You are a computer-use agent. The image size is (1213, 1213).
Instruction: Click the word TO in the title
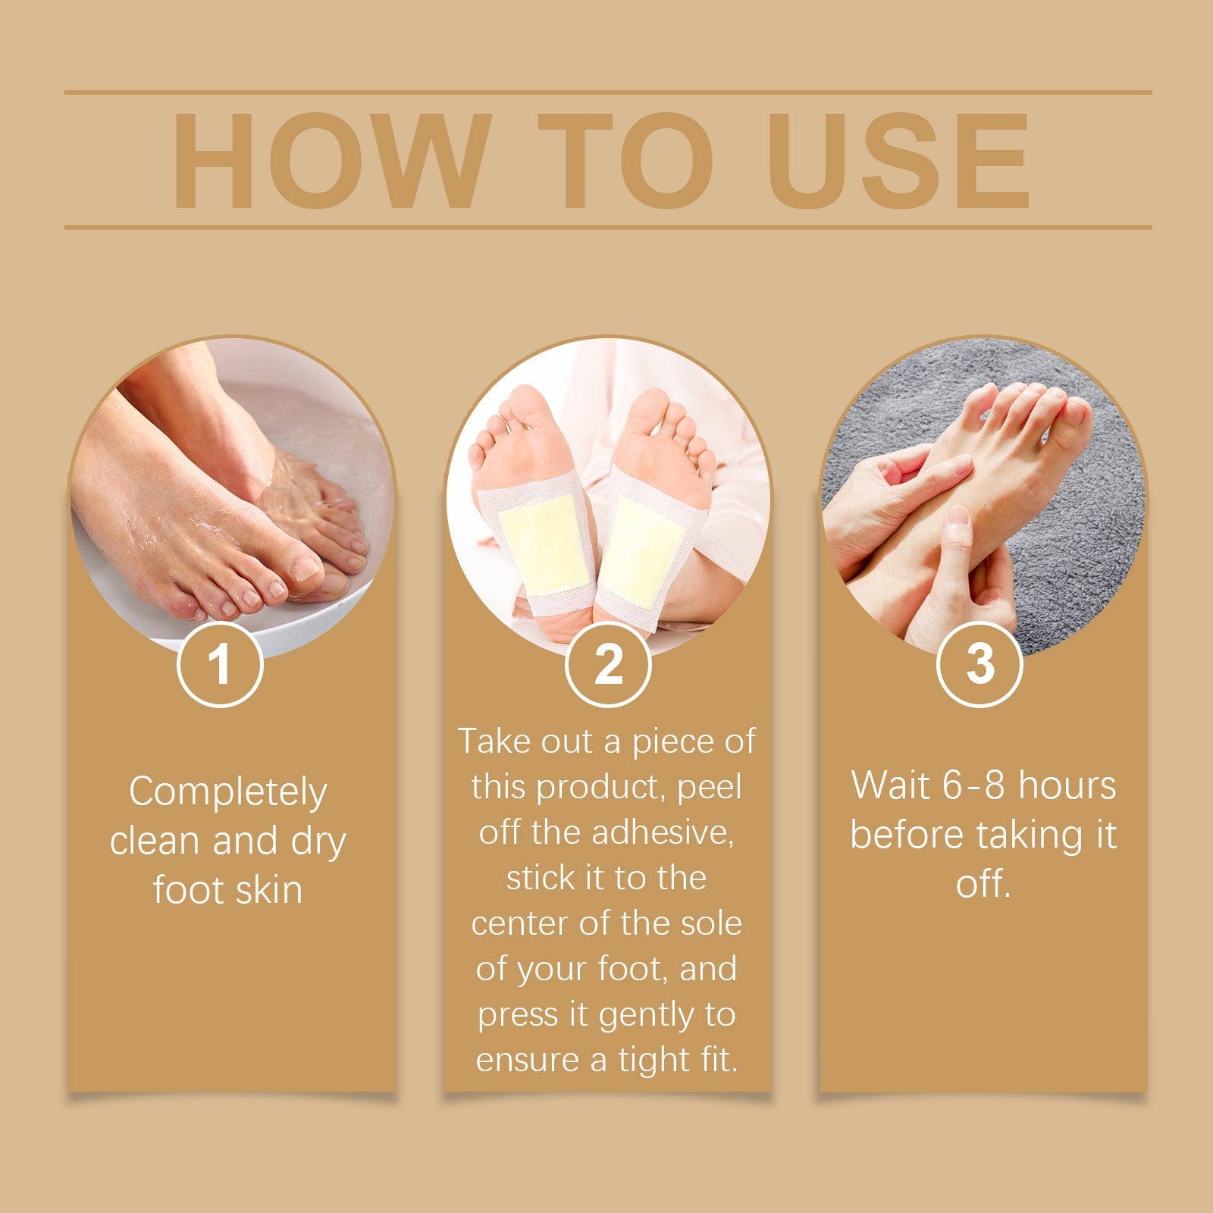tap(626, 161)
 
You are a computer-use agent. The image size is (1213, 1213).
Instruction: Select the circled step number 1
tap(220, 664)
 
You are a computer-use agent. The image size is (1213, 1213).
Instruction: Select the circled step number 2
tap(608, 664)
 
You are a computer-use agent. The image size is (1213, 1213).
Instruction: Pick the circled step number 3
tap(979, 664)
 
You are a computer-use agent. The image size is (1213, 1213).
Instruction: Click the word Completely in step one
tap(227, 792)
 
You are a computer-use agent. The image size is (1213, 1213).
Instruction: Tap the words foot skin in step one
tap(227, 889)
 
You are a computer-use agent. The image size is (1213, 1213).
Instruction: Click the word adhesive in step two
tap(663, 832)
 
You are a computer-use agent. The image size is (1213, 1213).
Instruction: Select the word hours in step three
tap(1067, 785)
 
